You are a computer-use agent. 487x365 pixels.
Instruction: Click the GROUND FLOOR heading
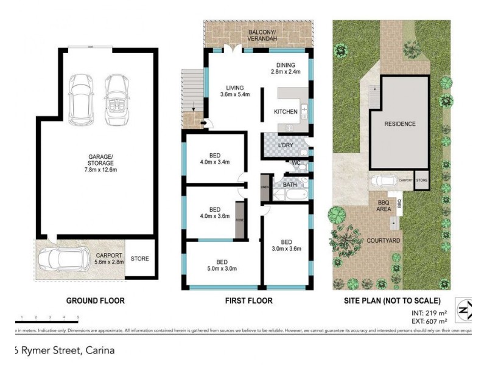coord(95,301)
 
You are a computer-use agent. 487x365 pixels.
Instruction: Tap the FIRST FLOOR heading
coord(250,301)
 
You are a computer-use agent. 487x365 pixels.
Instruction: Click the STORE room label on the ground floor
coord(140,259)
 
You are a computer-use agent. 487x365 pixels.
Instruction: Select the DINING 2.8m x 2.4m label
coord(286,68)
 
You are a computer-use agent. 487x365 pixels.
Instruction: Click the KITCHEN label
coord(286,111)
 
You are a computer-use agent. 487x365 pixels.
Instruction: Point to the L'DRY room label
coord(286,145)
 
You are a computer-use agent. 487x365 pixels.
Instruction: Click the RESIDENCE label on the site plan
coord(400,124)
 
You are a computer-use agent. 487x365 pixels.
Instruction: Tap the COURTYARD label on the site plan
coord(383,241)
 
